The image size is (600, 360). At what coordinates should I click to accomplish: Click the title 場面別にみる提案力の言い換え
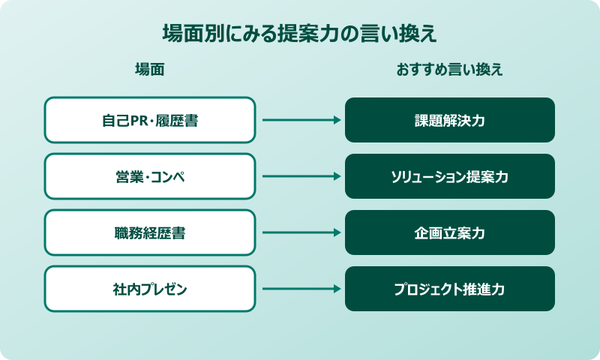coord(300,34)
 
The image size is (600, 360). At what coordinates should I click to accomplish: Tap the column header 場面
coord(149,70)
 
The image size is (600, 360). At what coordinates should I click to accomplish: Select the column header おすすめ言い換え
coord(449,70)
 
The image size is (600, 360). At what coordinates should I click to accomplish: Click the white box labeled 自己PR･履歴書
coord(150,120)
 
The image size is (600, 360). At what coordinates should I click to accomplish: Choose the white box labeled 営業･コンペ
coord(150,176)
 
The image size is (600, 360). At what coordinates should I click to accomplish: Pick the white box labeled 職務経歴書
coord(150,232)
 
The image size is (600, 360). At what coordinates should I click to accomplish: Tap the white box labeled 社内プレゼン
coord(150,289)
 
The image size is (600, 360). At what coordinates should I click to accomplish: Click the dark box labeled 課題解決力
coord(450,120)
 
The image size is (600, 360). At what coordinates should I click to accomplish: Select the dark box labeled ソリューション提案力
coord(450,176)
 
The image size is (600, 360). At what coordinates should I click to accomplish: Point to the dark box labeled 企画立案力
coord(450,232)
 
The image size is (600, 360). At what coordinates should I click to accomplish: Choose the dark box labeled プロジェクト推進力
coord(450,289)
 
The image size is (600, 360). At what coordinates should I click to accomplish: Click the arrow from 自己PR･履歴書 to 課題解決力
coord(300,120)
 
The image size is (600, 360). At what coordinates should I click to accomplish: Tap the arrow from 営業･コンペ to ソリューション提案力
coord(300,176)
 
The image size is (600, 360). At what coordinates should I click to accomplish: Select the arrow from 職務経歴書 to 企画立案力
coord(300,232)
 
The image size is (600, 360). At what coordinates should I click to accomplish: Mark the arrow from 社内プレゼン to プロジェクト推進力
coord(300,289)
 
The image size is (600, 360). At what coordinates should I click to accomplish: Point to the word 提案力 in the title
coord(301,34)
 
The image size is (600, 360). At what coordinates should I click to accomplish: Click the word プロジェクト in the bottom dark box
coord(425,289)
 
